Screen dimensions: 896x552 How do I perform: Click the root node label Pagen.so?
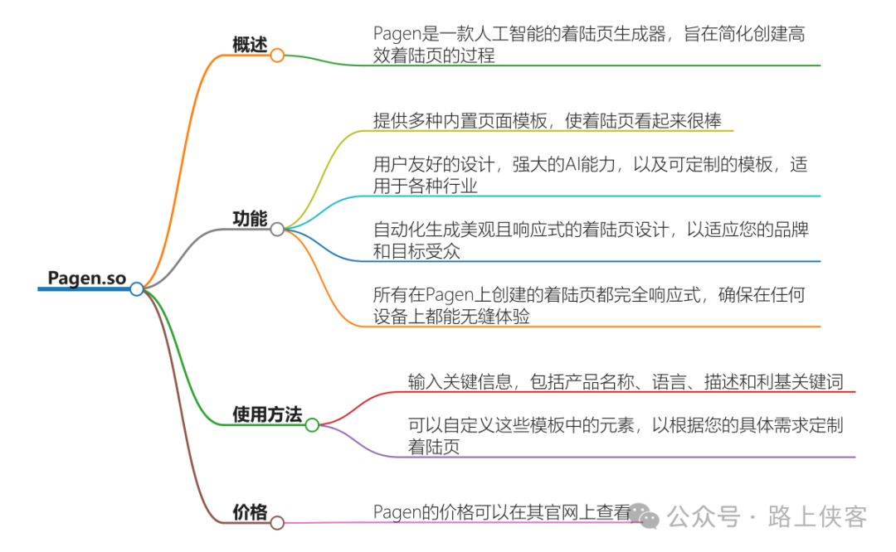click(87, 278)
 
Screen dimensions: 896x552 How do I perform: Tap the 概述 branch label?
click(250, 45)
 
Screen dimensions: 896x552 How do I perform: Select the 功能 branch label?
click(250, 219)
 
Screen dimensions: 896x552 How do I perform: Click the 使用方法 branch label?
click(267, 414)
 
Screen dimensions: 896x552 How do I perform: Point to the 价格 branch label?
click(250, 513)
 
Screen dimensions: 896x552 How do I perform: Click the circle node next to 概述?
click(277, 56)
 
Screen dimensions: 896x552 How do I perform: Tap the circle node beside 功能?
click(277, 230)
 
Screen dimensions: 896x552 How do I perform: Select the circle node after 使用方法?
click(312, 425)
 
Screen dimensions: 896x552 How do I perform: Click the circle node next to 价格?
click(277, 523)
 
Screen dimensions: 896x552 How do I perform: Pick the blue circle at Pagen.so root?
click(137, 288)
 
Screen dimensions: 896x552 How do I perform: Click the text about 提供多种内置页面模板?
click(547, 120)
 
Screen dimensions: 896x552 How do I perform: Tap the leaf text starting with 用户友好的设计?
click(590, 175)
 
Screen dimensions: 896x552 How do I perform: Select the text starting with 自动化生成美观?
click(590, 240)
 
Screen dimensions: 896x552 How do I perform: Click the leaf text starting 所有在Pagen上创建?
click(590, 305)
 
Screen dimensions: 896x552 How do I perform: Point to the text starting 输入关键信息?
click(626, 381)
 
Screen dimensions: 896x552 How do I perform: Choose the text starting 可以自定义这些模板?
click(626, 436)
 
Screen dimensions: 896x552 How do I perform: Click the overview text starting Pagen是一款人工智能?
click(590, 45)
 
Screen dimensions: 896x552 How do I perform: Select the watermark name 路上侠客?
click(818, 517)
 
